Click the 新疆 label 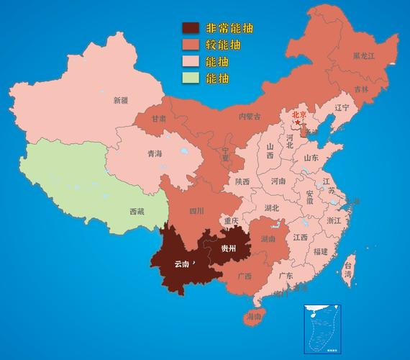tap(121, 102)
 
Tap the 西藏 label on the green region tap(137, 212)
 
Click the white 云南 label tap(182, 264)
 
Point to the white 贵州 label tap(228, 248)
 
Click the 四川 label tap(196, 211)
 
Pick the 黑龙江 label tap(363, 55)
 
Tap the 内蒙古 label tap(250, 116)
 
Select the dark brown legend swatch tap(190, 28)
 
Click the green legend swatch tap(190, 78)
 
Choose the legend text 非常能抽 tap(230, 28)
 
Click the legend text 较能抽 tap(223, 45)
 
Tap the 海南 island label tap(253, 316)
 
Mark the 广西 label tap(244, 276)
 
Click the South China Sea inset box tap(322, 328)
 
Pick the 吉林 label tap(361, 89)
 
